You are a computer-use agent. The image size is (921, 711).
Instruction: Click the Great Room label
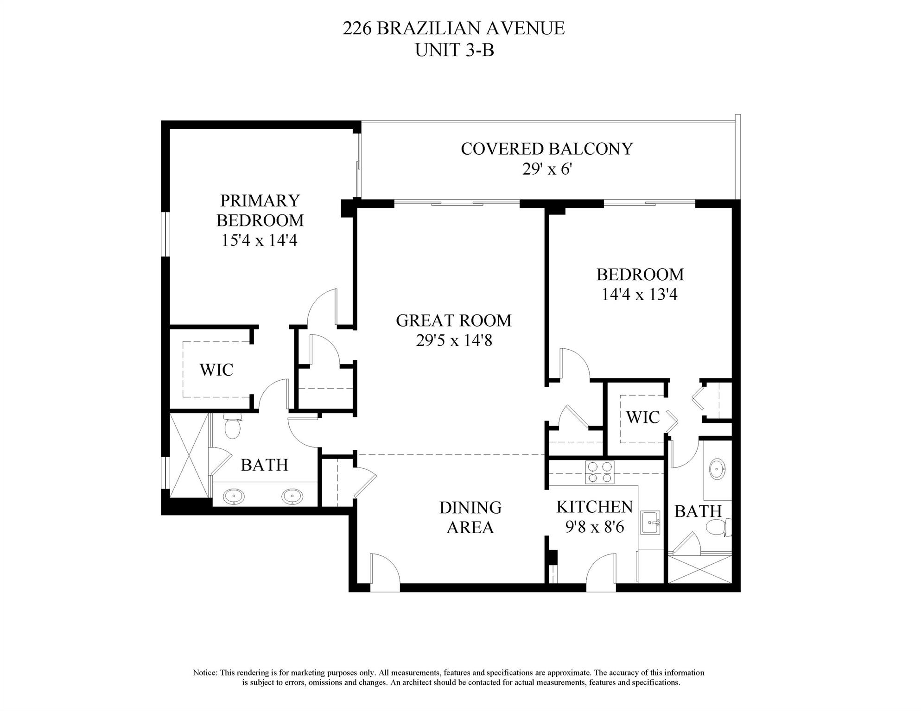click(453, 321)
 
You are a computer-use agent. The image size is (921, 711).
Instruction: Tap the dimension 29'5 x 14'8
click(453, 341)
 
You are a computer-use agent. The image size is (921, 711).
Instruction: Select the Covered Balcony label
click(546, 149)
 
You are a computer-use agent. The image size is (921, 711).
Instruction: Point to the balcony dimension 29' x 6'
click(546, 169)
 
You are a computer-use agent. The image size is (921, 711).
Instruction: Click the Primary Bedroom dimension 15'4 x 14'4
click(259, 240)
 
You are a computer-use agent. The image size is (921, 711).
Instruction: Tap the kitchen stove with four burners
click(599, 472)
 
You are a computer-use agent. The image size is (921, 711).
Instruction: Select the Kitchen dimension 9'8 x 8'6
click(595, 527)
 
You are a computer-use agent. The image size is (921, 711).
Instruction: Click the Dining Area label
click(470, 517)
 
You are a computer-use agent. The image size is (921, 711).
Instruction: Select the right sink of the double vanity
click(292, 497)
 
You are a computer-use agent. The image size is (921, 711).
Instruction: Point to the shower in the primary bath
click(189, 456)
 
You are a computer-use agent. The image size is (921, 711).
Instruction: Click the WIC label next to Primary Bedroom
click(216, 370)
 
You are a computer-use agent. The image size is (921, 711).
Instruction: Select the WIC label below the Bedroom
click(642, 417)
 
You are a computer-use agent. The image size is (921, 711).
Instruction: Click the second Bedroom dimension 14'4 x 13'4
click(640, 295)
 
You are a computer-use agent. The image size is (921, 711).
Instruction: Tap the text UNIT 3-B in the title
click(454, 50)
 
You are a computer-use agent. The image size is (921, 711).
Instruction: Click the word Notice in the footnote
click(204, 673)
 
